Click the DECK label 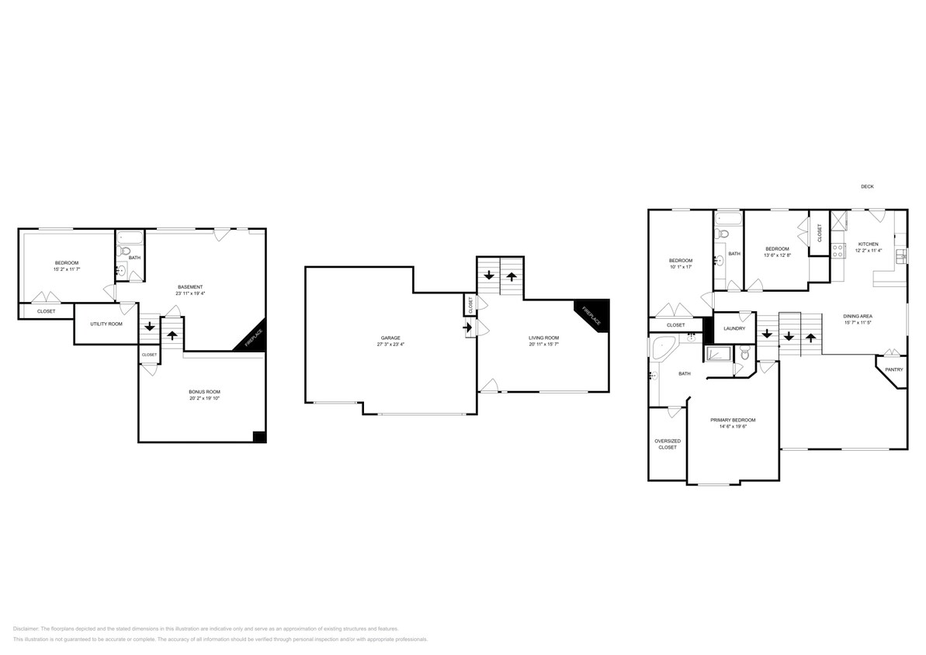tap(867, 186)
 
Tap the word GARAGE tap(390, 338)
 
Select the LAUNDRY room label tap(734, 328)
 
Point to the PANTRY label tap(894, 369)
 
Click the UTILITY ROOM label tap(106, 324)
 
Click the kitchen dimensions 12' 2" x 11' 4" tap(869, 251)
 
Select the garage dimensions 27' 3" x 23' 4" tap(390, 345)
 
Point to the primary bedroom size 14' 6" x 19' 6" tap(733, 426)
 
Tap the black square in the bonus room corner tap(259, 436)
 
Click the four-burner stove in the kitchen tap(838, 251)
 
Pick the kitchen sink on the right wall tap(900, 256)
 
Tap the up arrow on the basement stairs tap(172, 335)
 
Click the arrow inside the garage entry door tap(468, 327)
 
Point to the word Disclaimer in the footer tap(26, 629)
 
